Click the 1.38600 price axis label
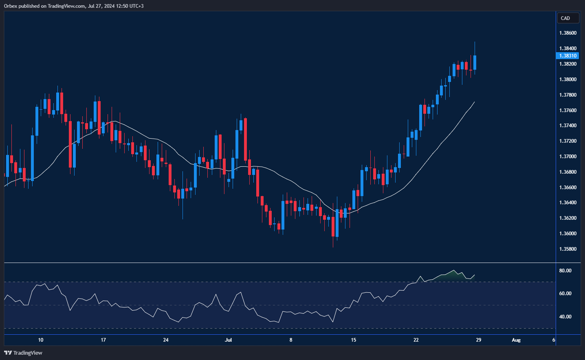[x=567, y=33]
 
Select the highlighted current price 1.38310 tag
[x=567, y=56]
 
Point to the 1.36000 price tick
[x=567, y=234]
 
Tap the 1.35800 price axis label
[x=567, y=249]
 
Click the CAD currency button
[x=567, y=18]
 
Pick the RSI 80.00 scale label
[x=565, y=271]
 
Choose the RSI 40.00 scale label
[x=565, y=317]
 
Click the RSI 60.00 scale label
[x=565, y=294]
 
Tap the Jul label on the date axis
[x=228, y=340]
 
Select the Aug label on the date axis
[x=516, y=340]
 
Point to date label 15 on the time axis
[x=353, y=340]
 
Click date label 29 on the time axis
[x=478, y=340]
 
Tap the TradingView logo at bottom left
[x=23, y=353]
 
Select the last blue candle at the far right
[x=475, y=62]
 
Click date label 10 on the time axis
[x=41, y=340]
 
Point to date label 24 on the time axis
[x=166, y=340]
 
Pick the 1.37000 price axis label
[x=567, y=157]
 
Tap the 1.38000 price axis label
[x=567, y=80]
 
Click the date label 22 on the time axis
[x=416, y=340]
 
